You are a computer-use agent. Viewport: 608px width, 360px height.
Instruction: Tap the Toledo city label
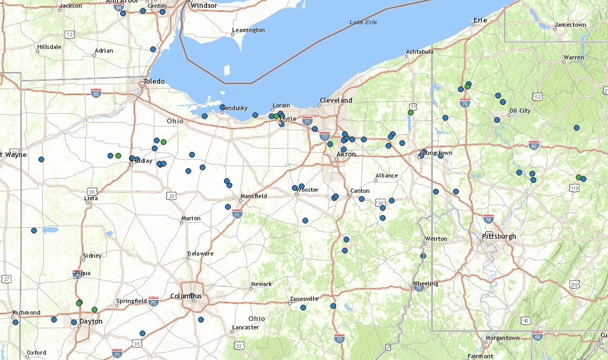pyautogui.click(x=154, y=82)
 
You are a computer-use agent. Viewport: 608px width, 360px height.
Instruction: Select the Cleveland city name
pyautogui.click(x=336, y=100)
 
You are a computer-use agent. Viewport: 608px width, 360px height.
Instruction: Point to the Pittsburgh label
pyautogui.click(x=499, y=236)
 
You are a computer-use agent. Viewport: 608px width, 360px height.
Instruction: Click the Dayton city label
pyautogui.click(x=91, y=321)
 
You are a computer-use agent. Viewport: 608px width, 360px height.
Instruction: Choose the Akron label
pyautogui.click(x=346, y=154)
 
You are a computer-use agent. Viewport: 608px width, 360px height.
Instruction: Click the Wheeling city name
pyautogui.click(x=425, y=284)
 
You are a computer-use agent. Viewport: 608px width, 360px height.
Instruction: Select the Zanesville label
pyautogui.click(x=304, y=299)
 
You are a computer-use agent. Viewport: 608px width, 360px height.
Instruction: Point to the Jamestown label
pyautogui.click(x=570, y=25)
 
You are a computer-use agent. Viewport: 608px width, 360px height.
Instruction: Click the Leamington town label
pyautogui.click(x=248, y=30)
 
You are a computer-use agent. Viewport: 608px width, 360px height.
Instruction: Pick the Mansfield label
pyautogui.click(x=253, y=196)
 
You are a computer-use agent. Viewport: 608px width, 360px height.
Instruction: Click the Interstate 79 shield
pyautogui.click(x=464, y=103)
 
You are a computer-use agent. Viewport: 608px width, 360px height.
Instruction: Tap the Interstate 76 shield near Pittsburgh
pyautogui.click(x=488, y=219)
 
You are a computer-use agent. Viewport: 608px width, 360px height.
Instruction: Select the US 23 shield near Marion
pyautogui.click(x=171, y=196)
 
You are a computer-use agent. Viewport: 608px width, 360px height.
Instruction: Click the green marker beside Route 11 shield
pyautogui.click(x=410, y=112)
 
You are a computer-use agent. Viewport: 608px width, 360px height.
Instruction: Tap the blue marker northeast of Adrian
pyautogui.click(x=153, y=49)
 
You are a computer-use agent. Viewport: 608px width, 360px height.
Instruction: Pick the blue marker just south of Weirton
pyautogui.click(x=423, y=256)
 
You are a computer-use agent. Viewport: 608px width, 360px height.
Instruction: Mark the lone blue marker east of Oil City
pyautogui.click(x=576, y=128)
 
